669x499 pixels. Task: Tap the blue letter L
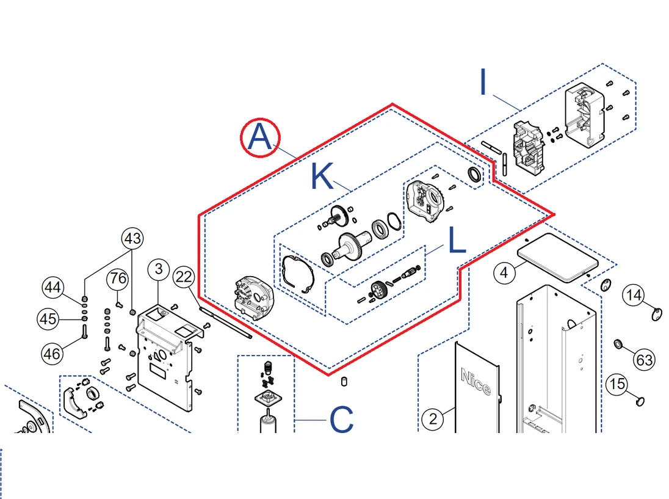(x=457, y=241)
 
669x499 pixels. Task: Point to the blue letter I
(x=484, y=82)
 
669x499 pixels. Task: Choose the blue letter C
(x=341, y=420)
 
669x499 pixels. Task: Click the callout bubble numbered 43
(x=133, y=239)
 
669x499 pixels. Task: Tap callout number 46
(x=53, y=352)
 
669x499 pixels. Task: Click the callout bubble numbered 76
(x=118, y=280)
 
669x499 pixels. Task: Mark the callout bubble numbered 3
(x=158, y=268)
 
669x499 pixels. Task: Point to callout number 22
(x=184, y=277)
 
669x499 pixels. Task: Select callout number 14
(x=634, y=296)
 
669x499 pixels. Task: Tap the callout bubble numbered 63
(x=645, y=360)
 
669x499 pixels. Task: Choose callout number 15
(x=618, y=384)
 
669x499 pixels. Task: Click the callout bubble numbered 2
(x=433, y=419)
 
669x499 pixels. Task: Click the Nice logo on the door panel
(x=476, y=381)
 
